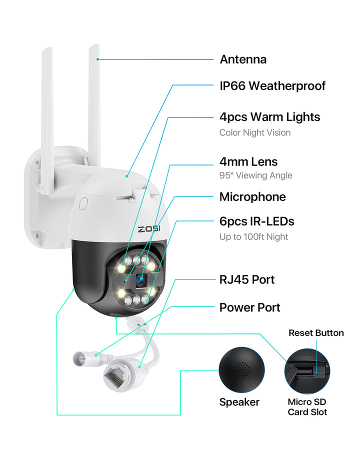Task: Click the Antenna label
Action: pos(243,59)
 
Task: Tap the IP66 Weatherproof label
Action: pos(272,86)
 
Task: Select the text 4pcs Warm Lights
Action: pos(269,117)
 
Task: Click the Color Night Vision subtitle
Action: pos(255,132)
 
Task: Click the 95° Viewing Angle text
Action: pos(256,175)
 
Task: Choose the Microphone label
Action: pos(252,196)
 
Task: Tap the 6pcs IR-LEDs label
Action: pos(257,221)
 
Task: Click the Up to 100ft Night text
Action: pos(253,236)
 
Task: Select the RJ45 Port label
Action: pos(247,279)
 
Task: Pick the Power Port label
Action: pos(250,307)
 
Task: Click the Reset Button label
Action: pos(316,333)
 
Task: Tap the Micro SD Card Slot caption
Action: pos(307,407)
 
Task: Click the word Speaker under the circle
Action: pos(239,402)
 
